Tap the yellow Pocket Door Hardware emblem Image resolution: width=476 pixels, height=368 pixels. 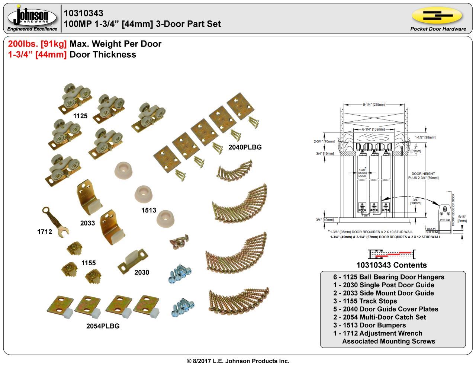(437, 16)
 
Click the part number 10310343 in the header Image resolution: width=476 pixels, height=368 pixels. (84, 13)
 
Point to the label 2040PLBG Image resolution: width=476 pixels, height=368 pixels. (245, 147)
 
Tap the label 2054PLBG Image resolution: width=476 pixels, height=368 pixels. (103, 326)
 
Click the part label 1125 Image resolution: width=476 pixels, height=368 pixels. (80, 116)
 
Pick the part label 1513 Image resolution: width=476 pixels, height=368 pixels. (148, 210)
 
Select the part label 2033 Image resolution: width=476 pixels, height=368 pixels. (87, 223)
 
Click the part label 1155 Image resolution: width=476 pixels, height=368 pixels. (89, 263)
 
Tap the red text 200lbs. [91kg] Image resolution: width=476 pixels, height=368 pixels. (38, 44)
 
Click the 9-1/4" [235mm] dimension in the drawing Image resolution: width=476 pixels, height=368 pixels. (374, 105)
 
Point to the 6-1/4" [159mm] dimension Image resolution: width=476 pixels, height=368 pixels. (373, 129)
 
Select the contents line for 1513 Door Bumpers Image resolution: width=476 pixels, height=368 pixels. (369, 325)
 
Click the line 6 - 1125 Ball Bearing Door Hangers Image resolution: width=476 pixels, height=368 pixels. (389, 277)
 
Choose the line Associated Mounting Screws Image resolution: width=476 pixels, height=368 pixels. (388, 341)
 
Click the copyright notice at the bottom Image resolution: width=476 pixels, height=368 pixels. (238, 361)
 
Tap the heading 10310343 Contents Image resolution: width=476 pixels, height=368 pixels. (391, 265)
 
